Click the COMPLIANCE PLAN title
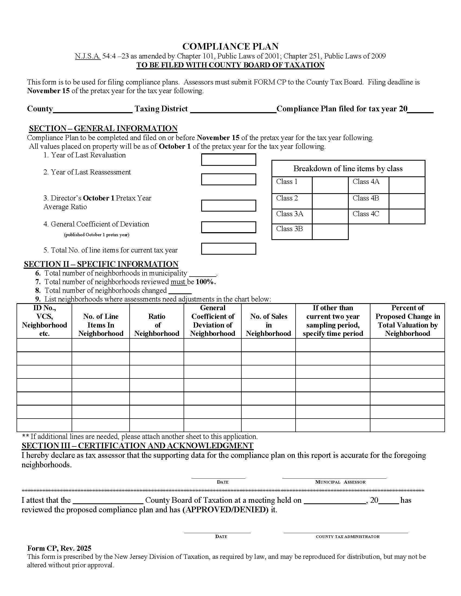tap(230, 46)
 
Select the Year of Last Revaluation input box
tap(228, 160)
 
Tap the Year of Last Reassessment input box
tap(228, 179)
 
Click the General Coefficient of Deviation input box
tap(228, 227)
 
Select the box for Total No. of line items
tap(228, 249)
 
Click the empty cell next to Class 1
tap(330, 185)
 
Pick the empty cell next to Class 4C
tap(407, 216)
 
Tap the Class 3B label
tap(290, 229)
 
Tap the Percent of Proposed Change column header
tap(407, 321)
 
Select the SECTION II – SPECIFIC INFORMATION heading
tap(101, 264)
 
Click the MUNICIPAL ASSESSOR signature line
tap(334, 477)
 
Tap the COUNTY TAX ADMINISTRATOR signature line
tap(345, 532)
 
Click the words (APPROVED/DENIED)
tap(225, 510)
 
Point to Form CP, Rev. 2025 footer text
tap(59, 548)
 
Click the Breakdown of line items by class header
tap(348, 169)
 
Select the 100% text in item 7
tap(205, 282)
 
